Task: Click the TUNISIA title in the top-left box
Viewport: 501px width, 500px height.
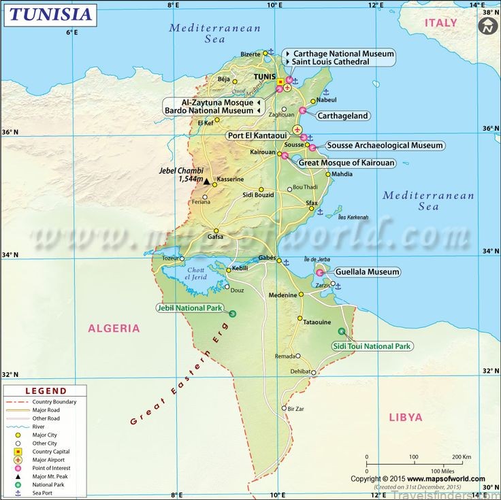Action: pyautogui.click(x=49, y=14)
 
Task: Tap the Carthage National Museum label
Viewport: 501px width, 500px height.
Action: pyautogui.click(x=343, y=53)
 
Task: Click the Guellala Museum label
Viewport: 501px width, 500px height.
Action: pyautogui.click(x=367, y=272)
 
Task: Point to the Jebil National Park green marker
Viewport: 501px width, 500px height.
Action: pyautogui.click(x=233, y=313)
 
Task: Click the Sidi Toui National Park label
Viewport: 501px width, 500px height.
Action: pyautogui.click(x=372, y=346)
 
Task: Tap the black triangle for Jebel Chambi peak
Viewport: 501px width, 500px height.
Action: pyautogui.click(x=206, y=182)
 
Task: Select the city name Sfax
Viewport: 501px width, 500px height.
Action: pyautogui.click(x=312, y=203)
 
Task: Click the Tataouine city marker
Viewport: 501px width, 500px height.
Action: pyautogui.click(x=300, y=318)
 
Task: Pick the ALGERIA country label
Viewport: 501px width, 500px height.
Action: pyautogui.click(x=114, y=329)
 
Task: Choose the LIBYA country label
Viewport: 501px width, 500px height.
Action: pyautogui.click(x=406, y=417)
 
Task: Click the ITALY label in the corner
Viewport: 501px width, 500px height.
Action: pyautogui.click(x=441, y=22)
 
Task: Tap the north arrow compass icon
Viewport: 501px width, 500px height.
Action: pyautogui.click(x=487, y=27)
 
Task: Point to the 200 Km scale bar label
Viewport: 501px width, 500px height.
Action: pyautogui.click(x=462, y=456)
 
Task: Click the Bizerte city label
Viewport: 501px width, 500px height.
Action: pyautogui.click(x=251, y=54)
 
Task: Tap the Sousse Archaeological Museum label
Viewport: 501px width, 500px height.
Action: pyautogui.click(x=385, y=146)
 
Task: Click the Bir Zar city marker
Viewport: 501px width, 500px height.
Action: pyautogui.click(x=285, y=408)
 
